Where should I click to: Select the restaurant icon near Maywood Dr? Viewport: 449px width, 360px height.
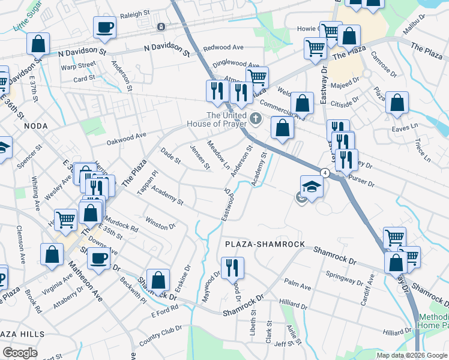tap(232, 267)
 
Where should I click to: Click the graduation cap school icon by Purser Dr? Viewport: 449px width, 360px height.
tap(312, 186)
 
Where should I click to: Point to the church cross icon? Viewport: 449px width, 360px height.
tap(256, 118)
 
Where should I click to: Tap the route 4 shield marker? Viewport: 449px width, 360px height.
tap(325, 172)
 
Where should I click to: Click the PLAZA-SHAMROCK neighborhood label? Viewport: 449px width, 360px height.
tap(265, 245)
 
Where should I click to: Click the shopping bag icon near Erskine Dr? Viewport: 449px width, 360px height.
tap(157, 279)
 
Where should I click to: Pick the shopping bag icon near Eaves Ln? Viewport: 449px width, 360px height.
tap(397, 103)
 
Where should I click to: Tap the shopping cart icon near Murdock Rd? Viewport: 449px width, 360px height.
tap(65, 220)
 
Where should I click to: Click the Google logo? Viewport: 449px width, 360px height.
tap(20, 352)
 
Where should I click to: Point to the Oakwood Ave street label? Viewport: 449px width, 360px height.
tap(127, 139)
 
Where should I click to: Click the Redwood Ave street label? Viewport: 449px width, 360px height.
tap(223, 47)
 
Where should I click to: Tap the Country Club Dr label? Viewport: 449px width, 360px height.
tap(160, 335)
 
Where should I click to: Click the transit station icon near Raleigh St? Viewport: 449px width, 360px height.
tap(161, 26)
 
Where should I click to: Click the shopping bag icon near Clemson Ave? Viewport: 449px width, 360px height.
tap(52, 254)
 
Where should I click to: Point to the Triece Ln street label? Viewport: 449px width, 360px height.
tap(423, 149)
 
